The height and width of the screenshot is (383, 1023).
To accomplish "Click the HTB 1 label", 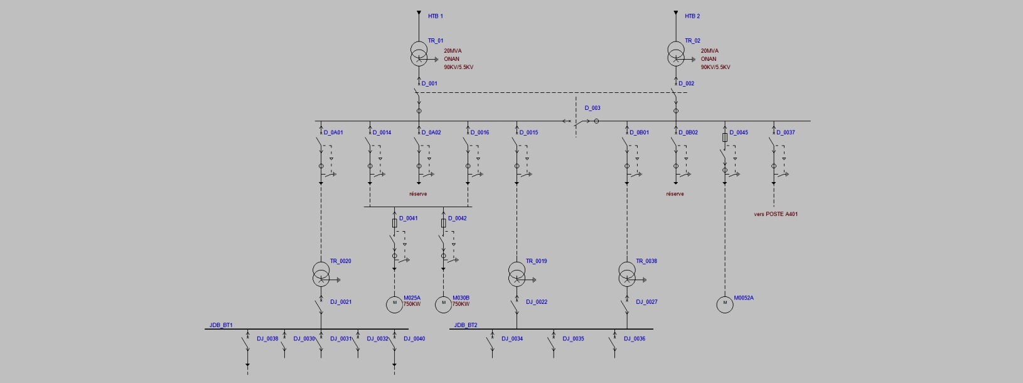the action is point(435,16).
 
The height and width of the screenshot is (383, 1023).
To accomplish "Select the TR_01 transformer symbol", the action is point(419,54).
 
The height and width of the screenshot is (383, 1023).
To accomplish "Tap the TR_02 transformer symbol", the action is point(676,54).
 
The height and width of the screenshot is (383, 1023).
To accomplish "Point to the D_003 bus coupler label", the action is point(592,108).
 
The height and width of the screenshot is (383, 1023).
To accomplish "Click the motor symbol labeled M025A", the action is point(395,305).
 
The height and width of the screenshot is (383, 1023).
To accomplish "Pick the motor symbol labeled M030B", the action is point(444,305).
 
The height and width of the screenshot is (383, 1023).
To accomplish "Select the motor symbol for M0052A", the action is point(725,305).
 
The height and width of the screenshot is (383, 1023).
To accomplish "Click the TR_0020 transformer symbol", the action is point(321,274).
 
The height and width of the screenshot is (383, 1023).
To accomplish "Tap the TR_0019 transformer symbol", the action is point(517,274).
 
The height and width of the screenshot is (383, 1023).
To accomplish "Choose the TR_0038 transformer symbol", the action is point(627,274).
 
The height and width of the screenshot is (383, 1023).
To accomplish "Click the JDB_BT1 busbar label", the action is point(221,325).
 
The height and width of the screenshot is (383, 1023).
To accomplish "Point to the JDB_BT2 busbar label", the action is point(466,325).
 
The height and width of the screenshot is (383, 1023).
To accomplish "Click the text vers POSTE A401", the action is point(776,214).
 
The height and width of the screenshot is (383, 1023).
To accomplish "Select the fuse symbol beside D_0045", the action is point(725,137).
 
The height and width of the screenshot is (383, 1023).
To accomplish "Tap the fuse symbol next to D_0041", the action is point(395,223).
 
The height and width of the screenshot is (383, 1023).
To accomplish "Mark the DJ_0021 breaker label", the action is point(341,302).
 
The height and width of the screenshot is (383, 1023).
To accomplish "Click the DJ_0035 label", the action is point(573,338).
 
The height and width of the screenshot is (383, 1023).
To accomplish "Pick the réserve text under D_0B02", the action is point(675,194).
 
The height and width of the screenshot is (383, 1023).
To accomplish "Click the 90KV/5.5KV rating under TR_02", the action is point(715,67).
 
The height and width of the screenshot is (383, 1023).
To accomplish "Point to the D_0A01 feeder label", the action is point(333,132).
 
